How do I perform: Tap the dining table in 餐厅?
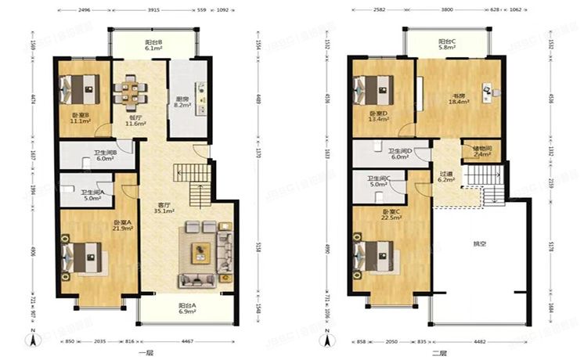pos(128,92)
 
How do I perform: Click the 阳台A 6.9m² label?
pos(187,309)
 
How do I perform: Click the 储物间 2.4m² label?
pos(483,152)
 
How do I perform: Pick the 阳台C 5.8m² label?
pos(448,45)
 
